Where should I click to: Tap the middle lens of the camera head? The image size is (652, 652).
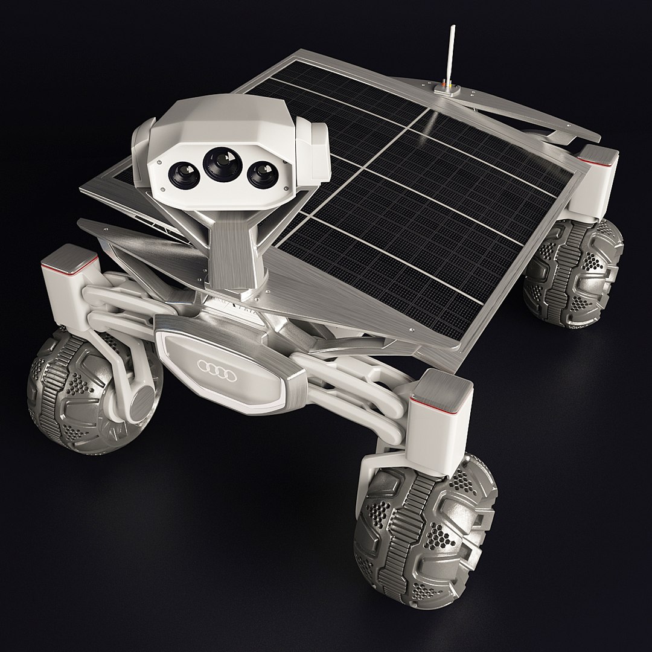tap(221, 162)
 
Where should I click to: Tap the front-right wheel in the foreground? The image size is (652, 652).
tap(426, 531)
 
